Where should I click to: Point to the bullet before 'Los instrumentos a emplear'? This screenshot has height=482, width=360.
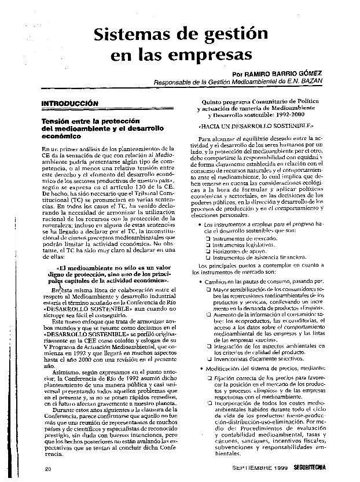200,224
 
